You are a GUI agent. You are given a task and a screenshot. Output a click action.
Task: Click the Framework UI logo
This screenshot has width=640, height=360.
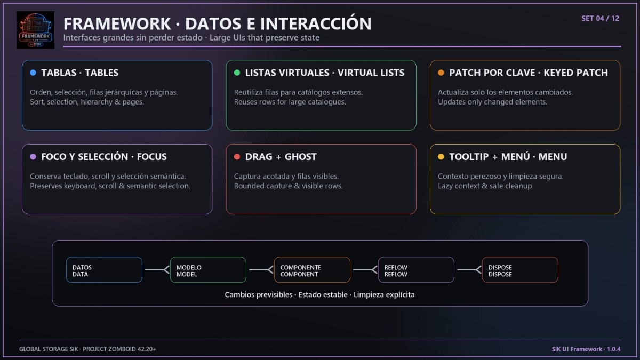[35, 30]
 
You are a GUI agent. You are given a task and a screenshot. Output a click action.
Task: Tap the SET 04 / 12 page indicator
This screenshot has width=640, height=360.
[601, 19]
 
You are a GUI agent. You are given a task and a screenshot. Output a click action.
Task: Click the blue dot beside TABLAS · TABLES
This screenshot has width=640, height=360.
[33, 73]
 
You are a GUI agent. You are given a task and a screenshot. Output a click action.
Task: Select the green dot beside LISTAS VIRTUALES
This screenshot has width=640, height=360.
[237, 73]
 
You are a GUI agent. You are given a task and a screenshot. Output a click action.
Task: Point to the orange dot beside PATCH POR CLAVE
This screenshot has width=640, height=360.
[441, 73]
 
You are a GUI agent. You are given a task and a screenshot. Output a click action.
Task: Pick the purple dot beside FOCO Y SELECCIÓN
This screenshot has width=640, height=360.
[33, 157]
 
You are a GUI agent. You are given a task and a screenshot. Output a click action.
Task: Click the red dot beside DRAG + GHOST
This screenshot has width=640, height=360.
[237, 157]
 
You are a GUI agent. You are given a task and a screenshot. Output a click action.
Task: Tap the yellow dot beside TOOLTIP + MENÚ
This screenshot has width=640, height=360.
[441, 157]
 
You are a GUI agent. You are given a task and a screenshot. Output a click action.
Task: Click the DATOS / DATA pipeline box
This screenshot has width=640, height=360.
[104, 270]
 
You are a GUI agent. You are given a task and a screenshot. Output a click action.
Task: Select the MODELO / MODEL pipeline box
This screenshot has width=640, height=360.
[208, 270]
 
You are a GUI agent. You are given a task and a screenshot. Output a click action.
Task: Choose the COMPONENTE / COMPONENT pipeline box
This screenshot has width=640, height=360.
[312, 270]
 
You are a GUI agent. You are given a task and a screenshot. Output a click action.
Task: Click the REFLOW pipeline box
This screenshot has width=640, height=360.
[416, 270]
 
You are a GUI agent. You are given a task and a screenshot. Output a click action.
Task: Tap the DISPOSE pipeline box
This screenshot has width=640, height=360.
[520, 270]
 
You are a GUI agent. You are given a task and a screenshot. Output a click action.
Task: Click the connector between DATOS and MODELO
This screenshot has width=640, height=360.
[157, 269]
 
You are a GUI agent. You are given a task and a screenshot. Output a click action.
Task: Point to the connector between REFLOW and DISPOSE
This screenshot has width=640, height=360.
[469, 269]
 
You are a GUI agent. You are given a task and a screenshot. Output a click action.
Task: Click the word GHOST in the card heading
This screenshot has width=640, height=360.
[301, 157]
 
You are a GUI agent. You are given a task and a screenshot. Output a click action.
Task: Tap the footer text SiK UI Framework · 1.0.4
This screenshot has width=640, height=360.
[586, 349]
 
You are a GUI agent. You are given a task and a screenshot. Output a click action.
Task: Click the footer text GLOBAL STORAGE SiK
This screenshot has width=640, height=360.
[49, 349]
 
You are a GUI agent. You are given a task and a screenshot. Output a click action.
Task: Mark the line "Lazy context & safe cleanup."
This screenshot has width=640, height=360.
[486, 186]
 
